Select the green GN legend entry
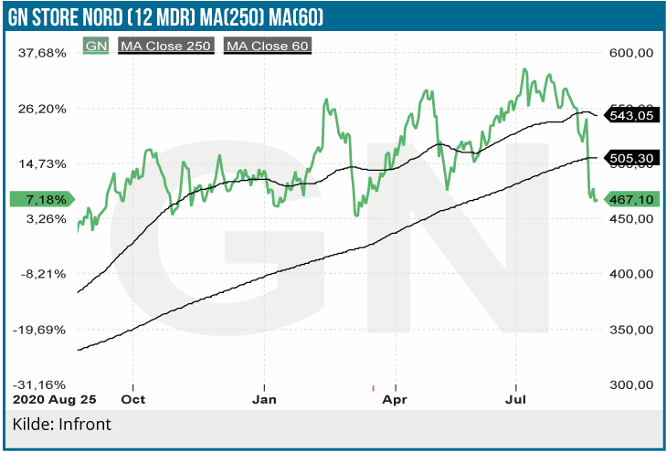[x=96, y=45]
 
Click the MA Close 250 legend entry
[x=166, y=45]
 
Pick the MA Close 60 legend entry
[x=268, y=45]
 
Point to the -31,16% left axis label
[x=39, y=384]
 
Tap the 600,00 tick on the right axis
[x=631, y=53]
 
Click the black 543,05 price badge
[x=631, y=116]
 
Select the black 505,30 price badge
[x=631, y=158]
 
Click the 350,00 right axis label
[x=631, y=330]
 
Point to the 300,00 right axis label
[x=631, y=384]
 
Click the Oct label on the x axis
[x=133, y=400]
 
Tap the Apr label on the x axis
[x=395, y=400]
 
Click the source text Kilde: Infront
[x=61, y=425]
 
